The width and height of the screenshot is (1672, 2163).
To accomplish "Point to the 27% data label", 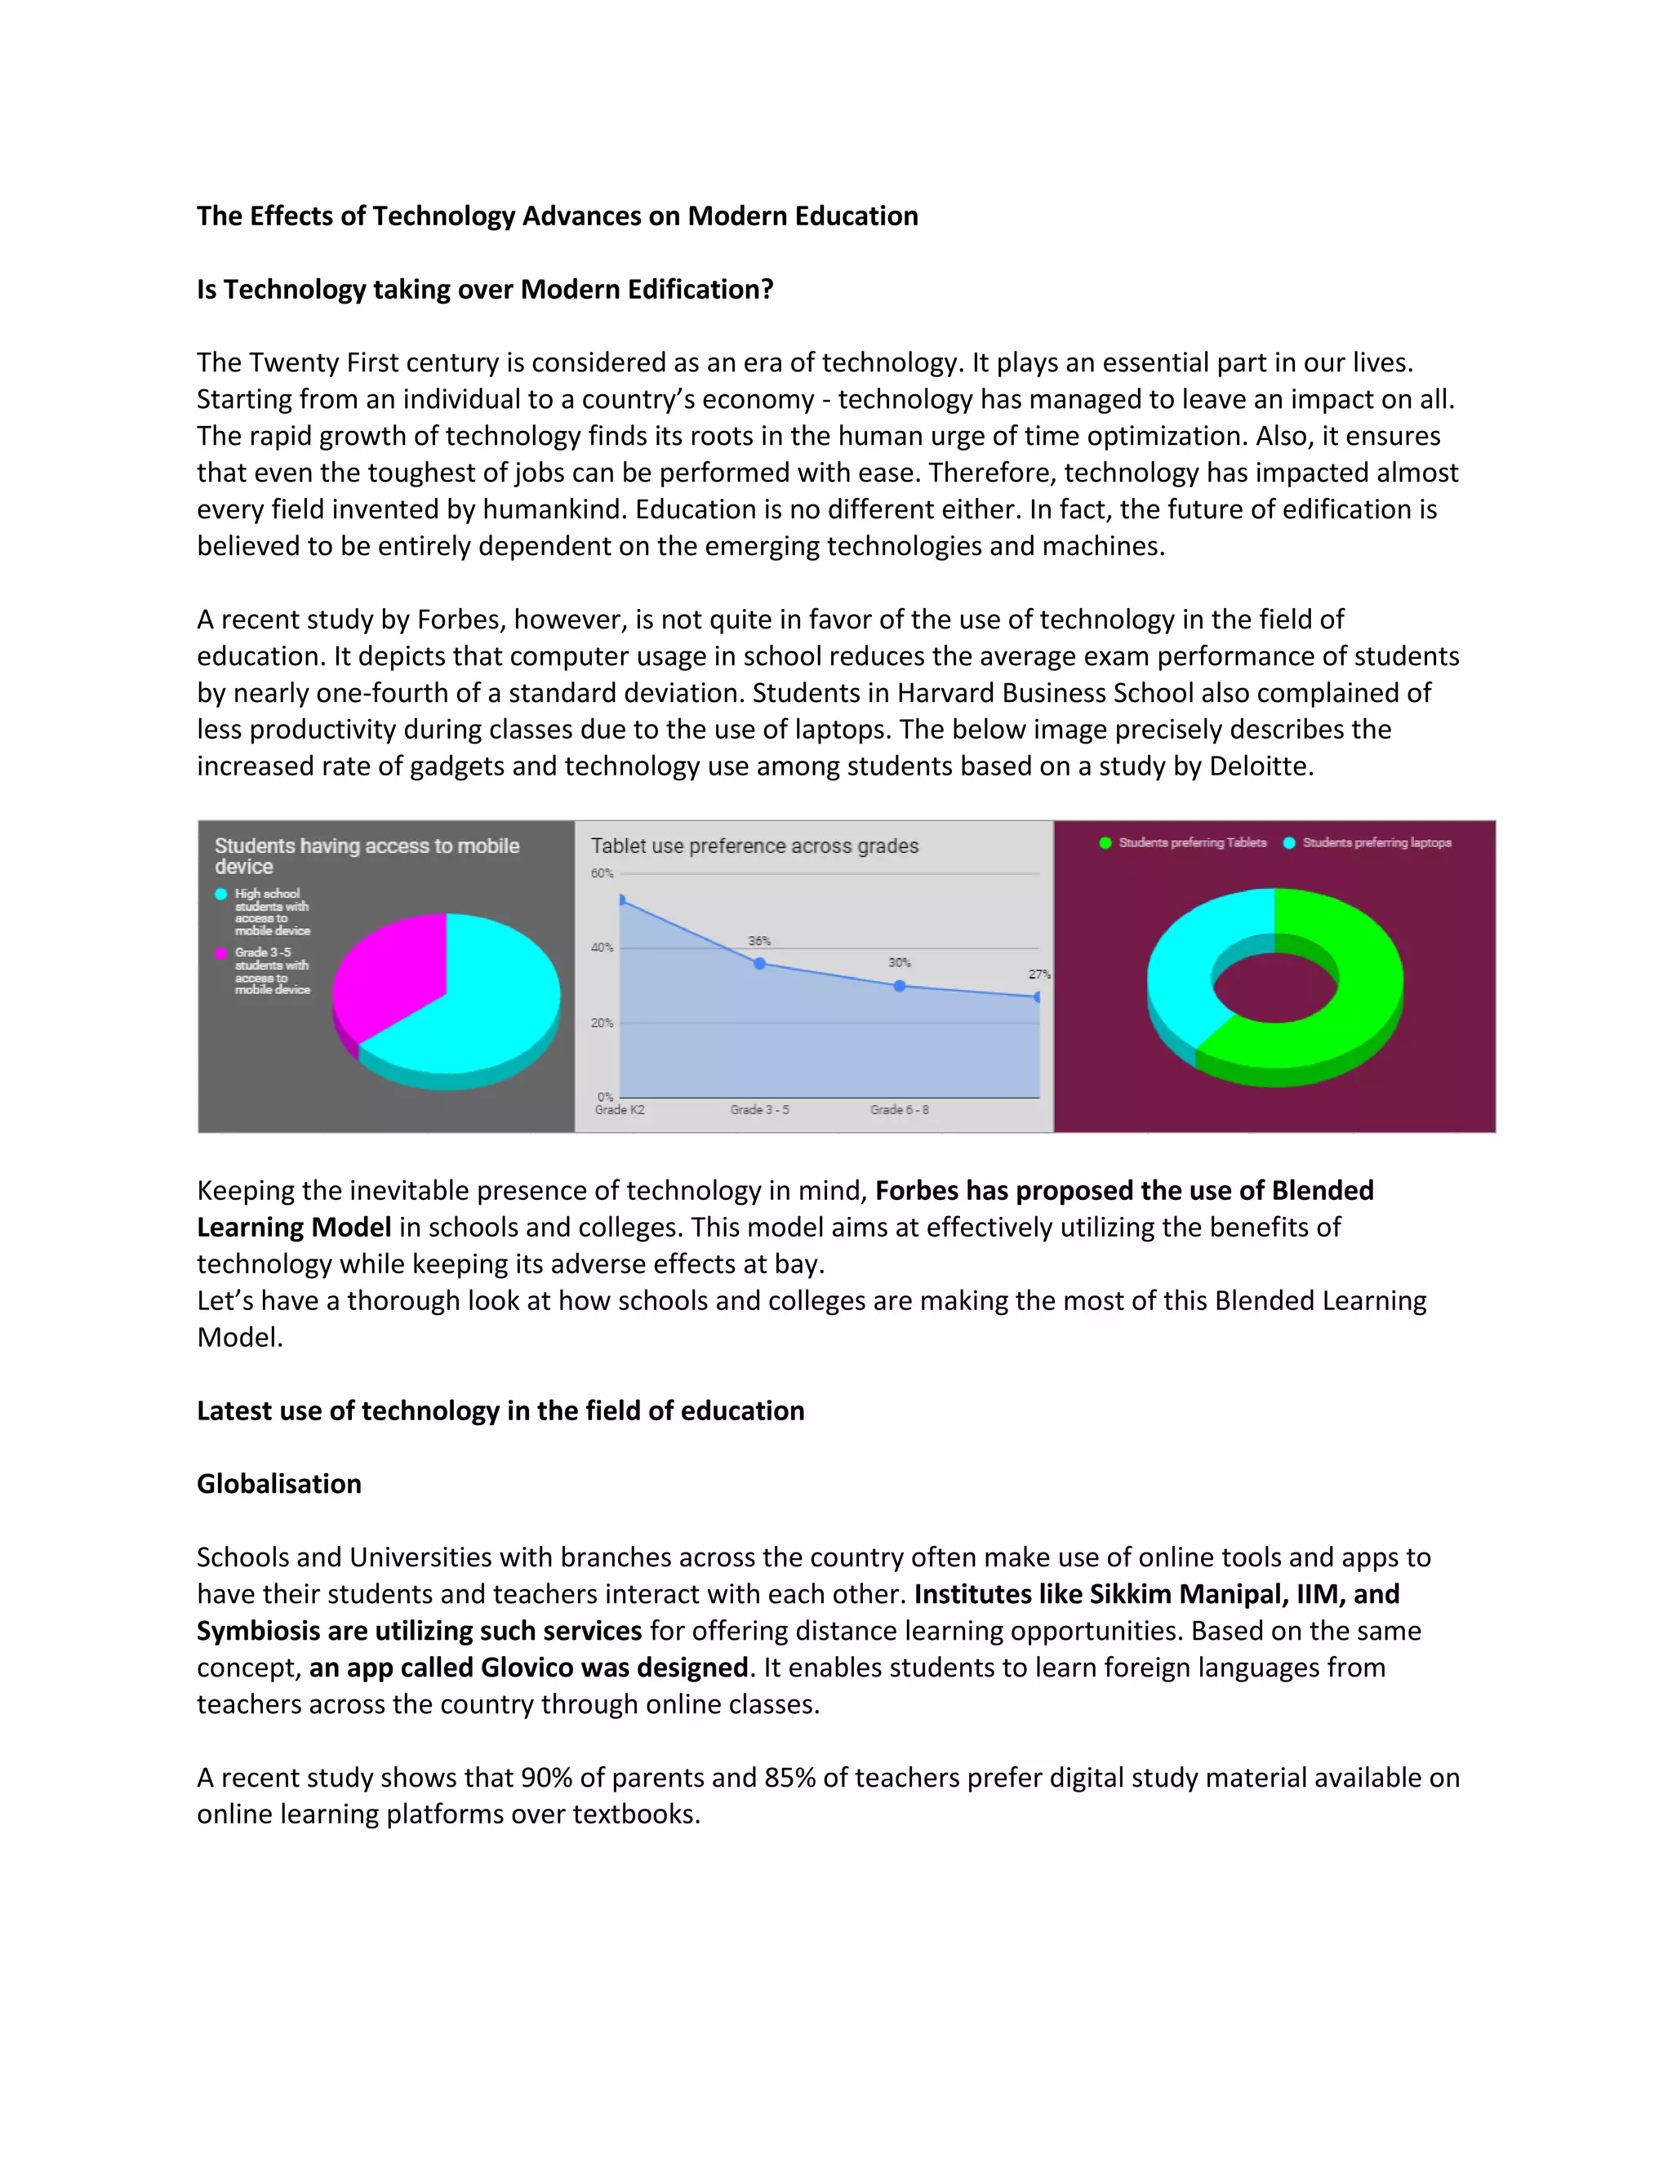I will tap(1038, 975).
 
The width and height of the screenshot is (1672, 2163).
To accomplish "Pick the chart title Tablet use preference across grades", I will tap(755, 846).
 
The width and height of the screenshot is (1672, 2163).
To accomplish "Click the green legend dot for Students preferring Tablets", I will tap(1105, 843).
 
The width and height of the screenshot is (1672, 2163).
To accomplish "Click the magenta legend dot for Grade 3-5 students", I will tap(221, 953).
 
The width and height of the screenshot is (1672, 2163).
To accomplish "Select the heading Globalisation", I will tap(279, 1484).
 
